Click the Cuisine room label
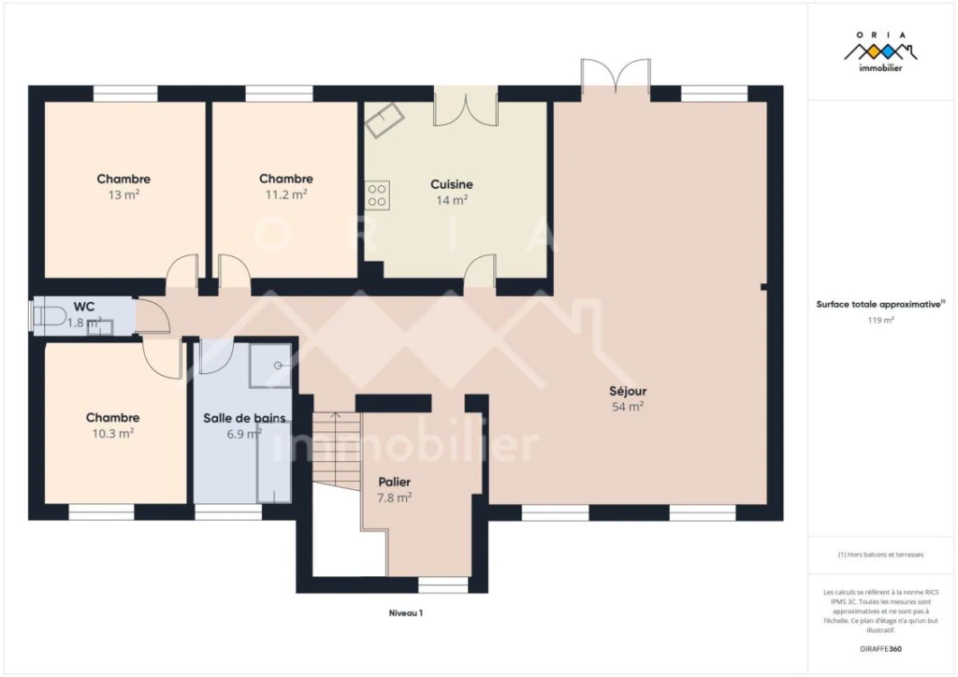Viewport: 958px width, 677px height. click(452, 184)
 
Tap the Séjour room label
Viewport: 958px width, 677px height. click(628, 391)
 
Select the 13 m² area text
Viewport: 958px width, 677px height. click(123, 194)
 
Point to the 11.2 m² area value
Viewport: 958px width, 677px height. click(285, 194)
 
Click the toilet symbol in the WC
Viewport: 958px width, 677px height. click(49, 316)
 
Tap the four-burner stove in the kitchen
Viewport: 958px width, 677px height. click(377, 195)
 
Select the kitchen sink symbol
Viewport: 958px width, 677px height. click(385, 119)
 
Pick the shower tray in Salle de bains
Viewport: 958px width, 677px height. click(270, 365)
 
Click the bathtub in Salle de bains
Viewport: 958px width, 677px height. click(274, 462)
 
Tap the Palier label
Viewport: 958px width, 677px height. click(394, 483)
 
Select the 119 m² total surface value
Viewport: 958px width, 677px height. click(881, 320)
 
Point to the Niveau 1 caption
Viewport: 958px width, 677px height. click(406, 612)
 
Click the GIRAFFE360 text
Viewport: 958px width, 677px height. click(880, 649)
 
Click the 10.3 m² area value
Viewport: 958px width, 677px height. click(112, 434)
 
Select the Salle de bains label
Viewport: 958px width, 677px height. click(244, 418)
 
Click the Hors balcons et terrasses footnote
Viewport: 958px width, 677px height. click(880, 555)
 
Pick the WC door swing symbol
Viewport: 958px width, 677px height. click(152, 316)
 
